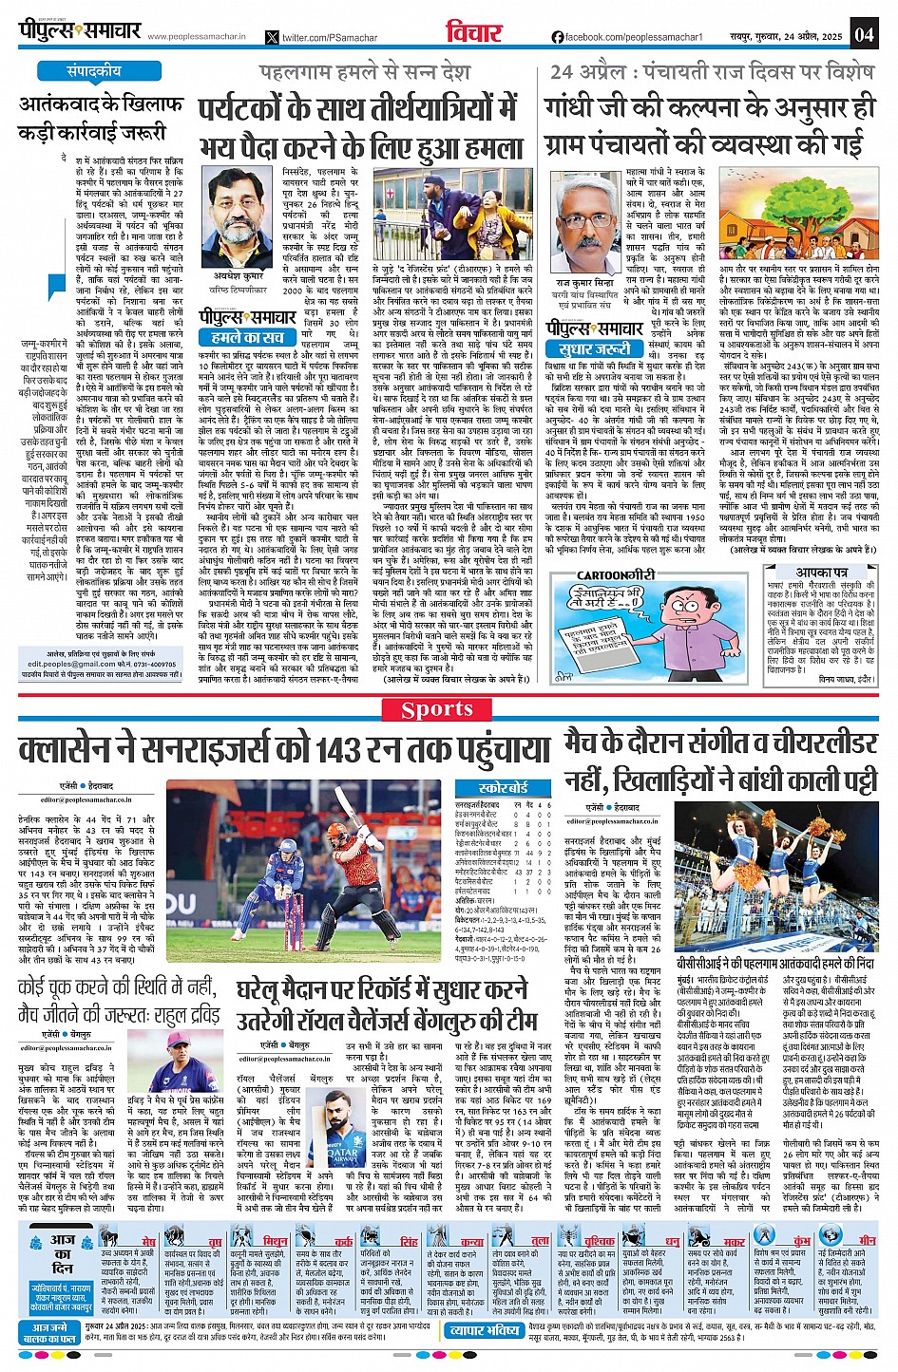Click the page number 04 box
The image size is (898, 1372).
[863, 34]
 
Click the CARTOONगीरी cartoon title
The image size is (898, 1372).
[617, 575]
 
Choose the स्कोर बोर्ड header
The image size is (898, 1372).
[504, 787]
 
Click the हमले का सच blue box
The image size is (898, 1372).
[242, 337]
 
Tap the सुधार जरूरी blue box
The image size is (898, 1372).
[588, 348]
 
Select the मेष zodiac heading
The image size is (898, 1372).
[148, 1242]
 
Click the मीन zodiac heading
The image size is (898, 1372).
[867, 1242]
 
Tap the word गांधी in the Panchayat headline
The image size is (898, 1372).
[580, 108]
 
